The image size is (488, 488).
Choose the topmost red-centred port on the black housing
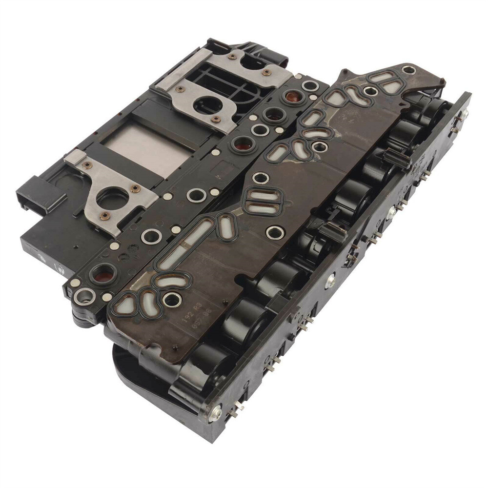click(x=292, y=97)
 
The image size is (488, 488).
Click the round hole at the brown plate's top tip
click(x=408, y=70)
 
